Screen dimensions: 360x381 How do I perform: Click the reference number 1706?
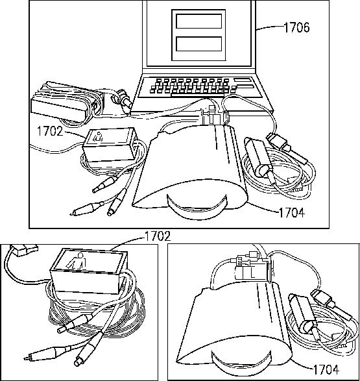click(296, 27)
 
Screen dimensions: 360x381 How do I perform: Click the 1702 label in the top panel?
click(50, 131)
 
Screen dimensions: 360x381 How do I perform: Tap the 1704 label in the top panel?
click(291, 213)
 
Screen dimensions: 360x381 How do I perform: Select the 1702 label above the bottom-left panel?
click(158, 236)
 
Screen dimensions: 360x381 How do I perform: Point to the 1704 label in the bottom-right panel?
click(326, 370)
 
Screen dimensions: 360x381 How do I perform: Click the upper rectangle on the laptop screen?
click(199, 21)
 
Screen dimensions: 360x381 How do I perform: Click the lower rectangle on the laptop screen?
click(199, 43)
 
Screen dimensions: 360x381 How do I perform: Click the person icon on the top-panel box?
click(99, 137)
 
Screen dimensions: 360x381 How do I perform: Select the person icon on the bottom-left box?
click(77, 261)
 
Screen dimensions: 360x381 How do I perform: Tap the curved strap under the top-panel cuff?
click(197, 207)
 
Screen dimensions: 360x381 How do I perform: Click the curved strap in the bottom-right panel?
click(241, 363)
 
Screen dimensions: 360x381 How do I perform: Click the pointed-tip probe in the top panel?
click(87, 209)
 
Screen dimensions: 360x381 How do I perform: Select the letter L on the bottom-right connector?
click(252, 273)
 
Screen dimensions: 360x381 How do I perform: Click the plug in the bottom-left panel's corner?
click(24, 249)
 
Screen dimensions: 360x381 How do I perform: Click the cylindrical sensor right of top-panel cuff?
click(258, 156)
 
